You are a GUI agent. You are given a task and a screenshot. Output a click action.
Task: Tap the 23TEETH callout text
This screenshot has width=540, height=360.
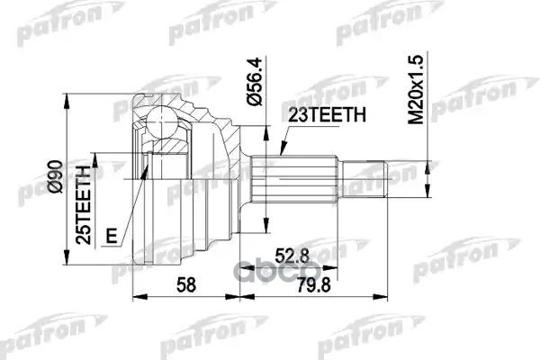pos(327,114)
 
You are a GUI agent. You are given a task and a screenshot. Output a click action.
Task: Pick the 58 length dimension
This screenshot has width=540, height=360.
pos(187,286)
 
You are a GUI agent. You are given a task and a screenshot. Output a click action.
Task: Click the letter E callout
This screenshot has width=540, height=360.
pos(112,237)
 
